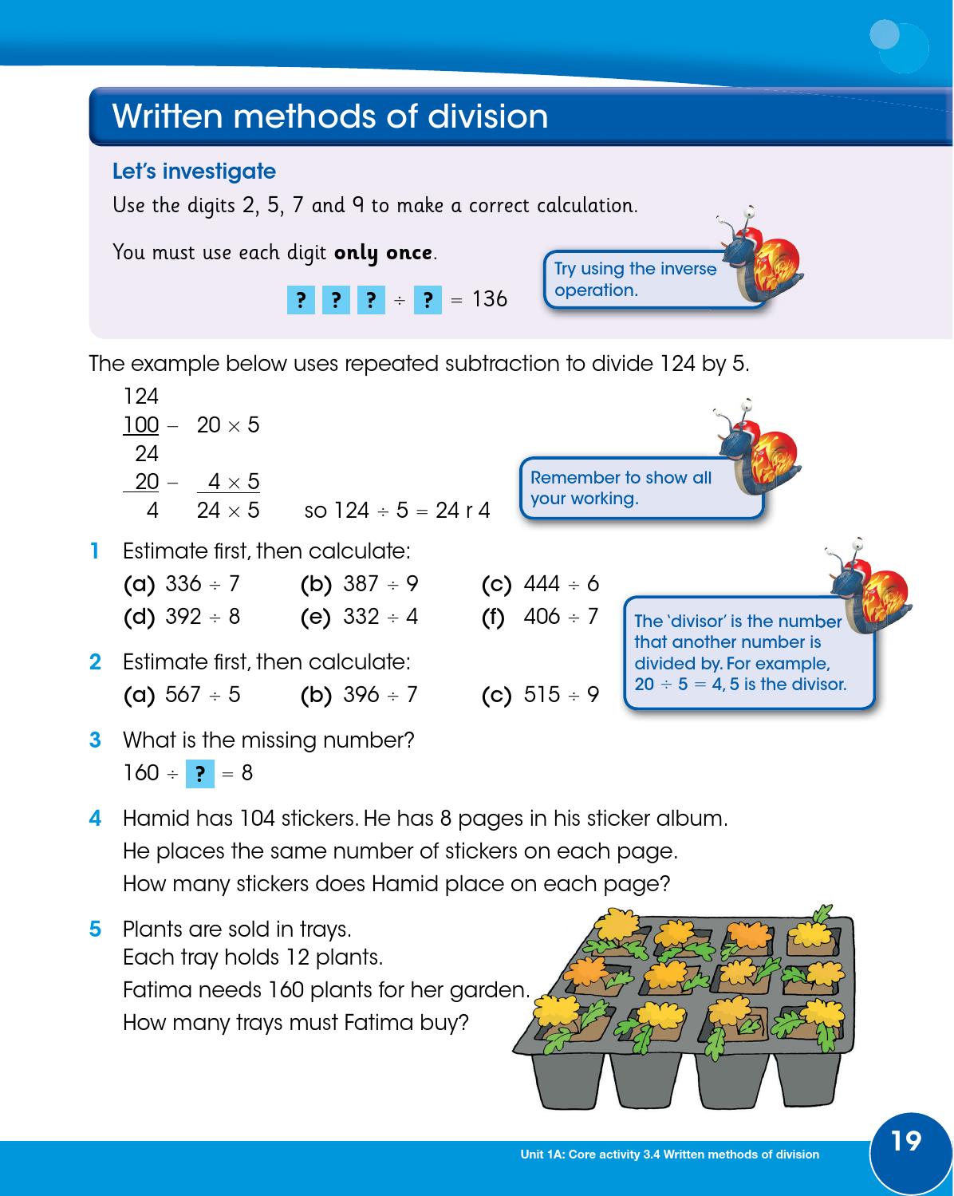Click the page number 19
(x=905, y=1142)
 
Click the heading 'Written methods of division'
(x=330, y=116)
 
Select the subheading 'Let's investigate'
(x=194, y=172)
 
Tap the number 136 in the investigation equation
(x=489, y=299)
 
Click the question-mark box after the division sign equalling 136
(x=428, y=300)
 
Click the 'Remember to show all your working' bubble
(x=621, y=488)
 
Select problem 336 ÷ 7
(x=202, y=584)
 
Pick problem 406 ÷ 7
(x=561, y=616)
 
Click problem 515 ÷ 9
(x=561, y=695)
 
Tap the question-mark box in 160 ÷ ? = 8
(x=200, y=773)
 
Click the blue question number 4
(x=95, y=819)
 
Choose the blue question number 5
(x=95, y=930)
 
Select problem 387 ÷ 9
(x=380, y=584)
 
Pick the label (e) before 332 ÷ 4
(x=315, y=617)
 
